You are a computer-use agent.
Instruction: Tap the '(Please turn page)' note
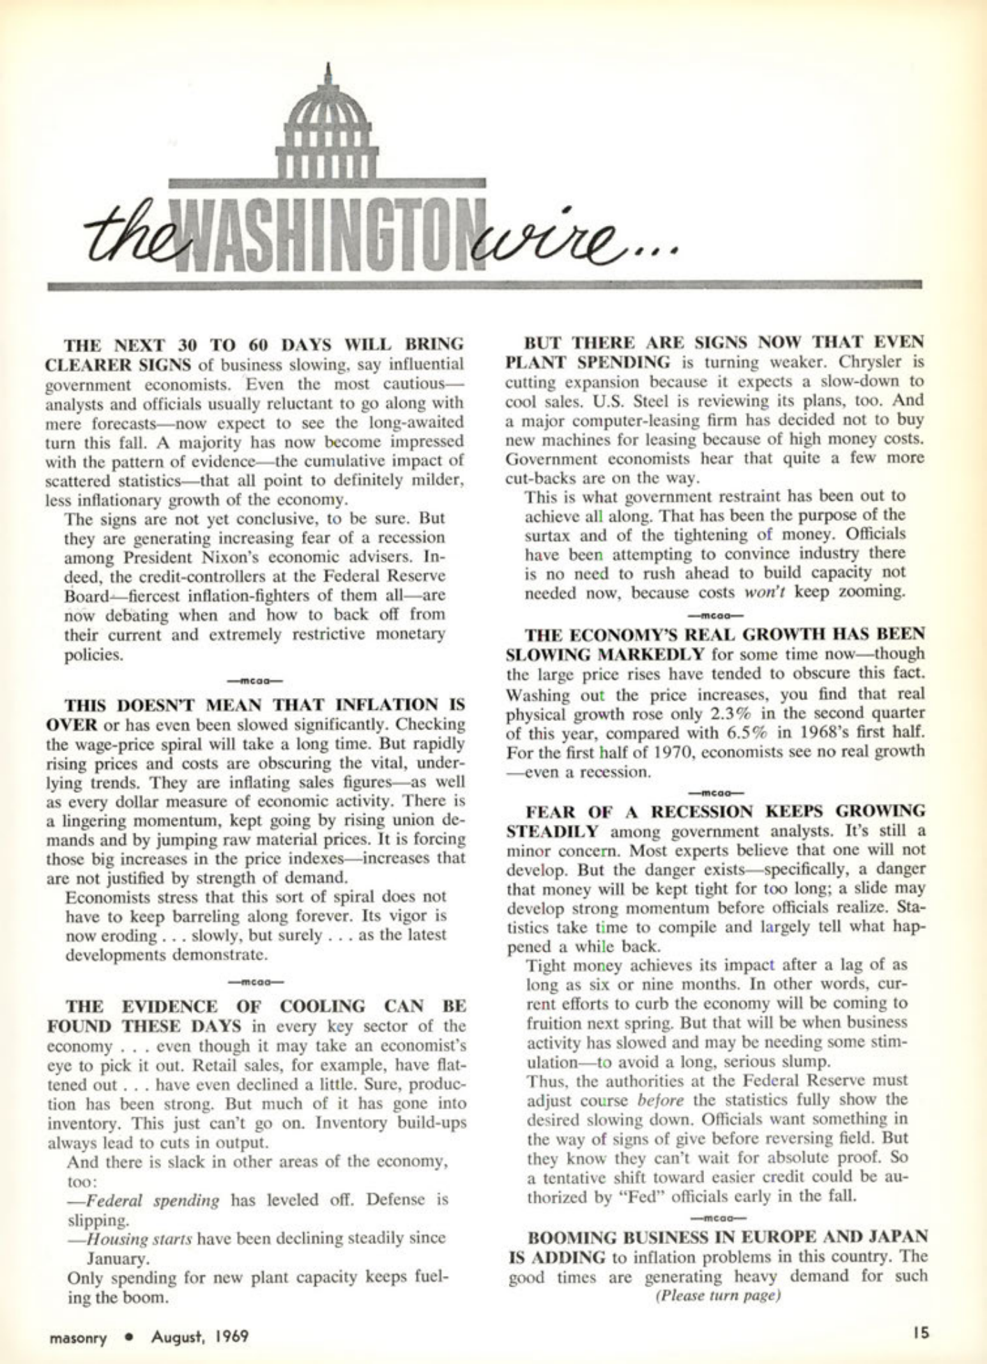(717, 1296)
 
